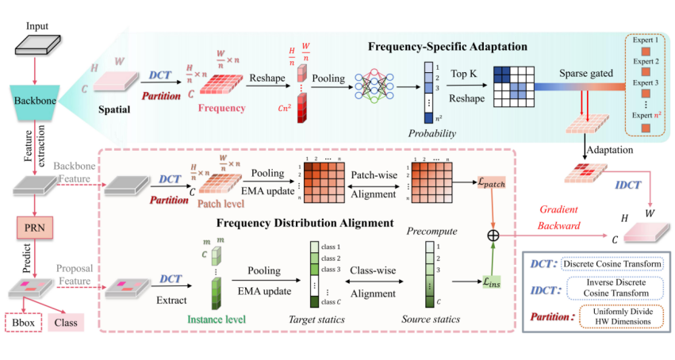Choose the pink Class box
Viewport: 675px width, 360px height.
point(67,322)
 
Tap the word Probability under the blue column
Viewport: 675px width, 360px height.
point(431,133)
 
